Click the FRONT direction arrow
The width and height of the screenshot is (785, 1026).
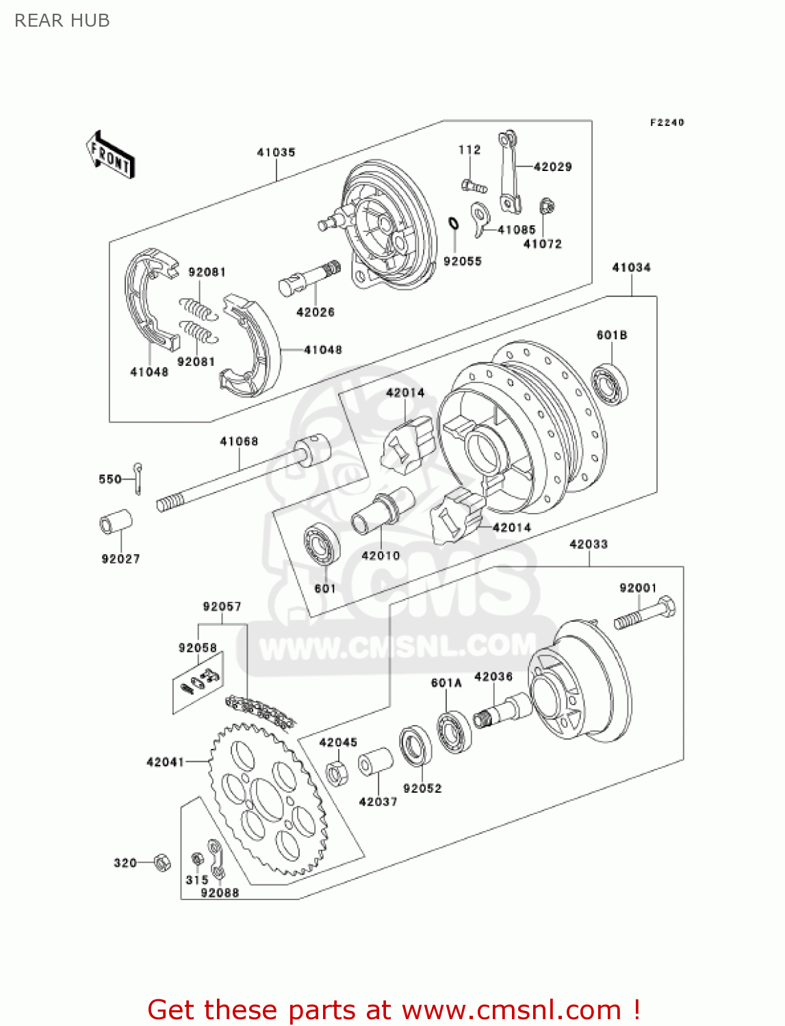(x=110, y=155)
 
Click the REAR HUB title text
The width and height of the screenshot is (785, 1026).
(x=62, y=21)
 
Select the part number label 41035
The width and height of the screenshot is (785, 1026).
(x=276, y=153)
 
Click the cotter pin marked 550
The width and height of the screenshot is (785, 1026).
(x=139, y=478)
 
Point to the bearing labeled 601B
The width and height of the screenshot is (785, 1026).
(x=610, y=384)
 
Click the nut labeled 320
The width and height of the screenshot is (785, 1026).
(x=162, y=863)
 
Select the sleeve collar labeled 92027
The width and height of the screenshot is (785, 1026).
(x=116, y=523)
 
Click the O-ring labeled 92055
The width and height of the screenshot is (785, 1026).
(x=453, y=224)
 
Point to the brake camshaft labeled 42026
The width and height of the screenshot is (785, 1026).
(x=309, y=278)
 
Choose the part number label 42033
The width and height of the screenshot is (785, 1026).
(x=589, y=544)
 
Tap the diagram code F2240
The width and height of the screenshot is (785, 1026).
(x=667, y=122)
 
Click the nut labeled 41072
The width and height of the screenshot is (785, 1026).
(x=546, y=206)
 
